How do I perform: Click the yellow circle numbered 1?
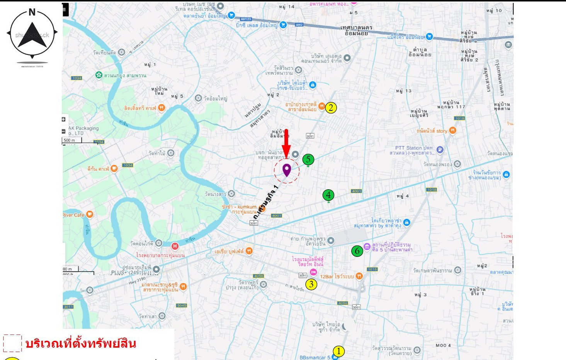338,351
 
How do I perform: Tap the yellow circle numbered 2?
331,108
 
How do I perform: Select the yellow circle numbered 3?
311,285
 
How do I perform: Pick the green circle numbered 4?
328,195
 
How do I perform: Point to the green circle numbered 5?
308,159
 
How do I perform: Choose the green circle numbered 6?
357,251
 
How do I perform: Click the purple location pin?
286,170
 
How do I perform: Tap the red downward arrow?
286,143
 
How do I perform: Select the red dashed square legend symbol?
12,343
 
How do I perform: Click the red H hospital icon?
175,246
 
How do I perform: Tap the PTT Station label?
414,150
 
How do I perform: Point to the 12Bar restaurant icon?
359,276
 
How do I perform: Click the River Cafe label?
73,215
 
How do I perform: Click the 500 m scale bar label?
70,140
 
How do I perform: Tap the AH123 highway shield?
246,19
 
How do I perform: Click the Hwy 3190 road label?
137,280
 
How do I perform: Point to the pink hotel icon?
313,273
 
